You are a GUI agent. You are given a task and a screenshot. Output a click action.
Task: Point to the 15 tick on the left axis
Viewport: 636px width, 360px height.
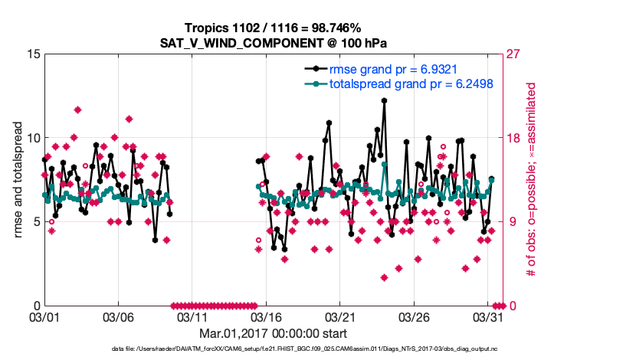33,54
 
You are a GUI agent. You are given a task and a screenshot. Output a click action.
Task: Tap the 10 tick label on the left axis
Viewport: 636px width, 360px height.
33,138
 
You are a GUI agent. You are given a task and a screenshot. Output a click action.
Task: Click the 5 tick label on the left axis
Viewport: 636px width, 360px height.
36,222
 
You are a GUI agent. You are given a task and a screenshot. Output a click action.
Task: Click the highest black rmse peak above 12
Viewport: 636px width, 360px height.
384,100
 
